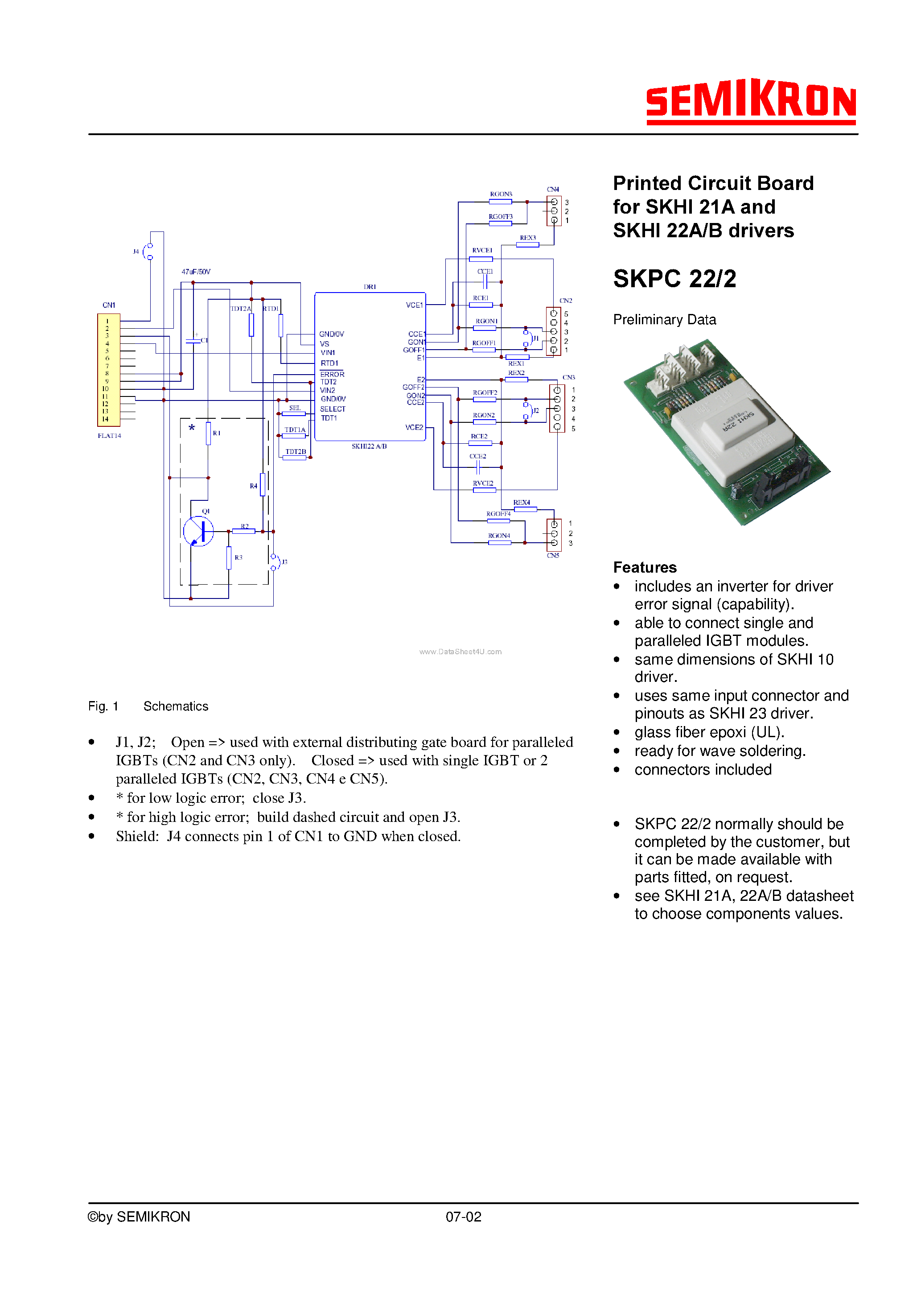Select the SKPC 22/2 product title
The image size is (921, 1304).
[674, 279]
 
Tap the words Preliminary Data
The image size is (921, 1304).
[664, 320]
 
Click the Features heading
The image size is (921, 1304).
[645, 567]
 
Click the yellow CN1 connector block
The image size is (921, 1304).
[108, 370]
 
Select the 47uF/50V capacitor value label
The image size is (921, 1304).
[195, 272]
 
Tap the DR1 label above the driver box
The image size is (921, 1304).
[370, 287]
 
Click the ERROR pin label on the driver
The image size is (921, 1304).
[332, 374]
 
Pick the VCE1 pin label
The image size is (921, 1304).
[414, 305]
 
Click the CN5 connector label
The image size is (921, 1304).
[552, 556]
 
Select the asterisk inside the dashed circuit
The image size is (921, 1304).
[192, 428]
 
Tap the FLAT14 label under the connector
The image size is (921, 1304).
[109, 436]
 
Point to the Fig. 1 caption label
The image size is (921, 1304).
[103, 706]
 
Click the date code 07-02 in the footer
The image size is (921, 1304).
[463, 1217]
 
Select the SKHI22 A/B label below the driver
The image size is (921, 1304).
[369, 446]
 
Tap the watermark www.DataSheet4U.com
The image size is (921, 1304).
[460, 652]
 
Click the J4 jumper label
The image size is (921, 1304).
[136, 252]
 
